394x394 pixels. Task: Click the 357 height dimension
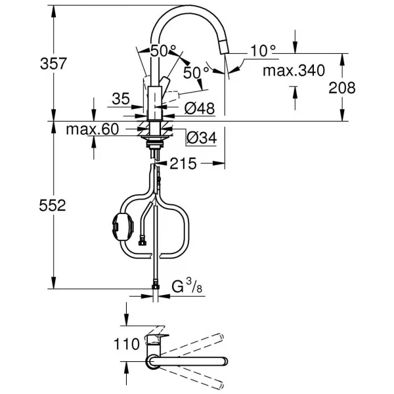click(x=53, y=64)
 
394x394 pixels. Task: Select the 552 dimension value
click(x=53, y=206)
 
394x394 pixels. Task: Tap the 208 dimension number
click(x=342, y=88)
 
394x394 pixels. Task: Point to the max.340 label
click(x=294, y=71)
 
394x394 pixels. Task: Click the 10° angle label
click(x=263, y=51)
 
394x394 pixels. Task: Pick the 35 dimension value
click(x=121, y=98)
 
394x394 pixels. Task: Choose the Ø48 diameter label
click(x=200, y=108)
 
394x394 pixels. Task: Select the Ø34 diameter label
click(x=202, y=138)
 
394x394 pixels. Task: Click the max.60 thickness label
click(x=92, y=129)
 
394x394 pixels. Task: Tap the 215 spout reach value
click(x=183, y=164)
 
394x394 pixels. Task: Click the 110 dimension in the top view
click(x=127, y=343)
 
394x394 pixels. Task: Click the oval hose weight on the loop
click(x=122, y=227)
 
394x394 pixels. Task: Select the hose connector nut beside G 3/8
click(x=156, y=287)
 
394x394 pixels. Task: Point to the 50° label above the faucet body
click(x=163, y=51)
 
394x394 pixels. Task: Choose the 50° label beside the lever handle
click(x=196, y=73)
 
